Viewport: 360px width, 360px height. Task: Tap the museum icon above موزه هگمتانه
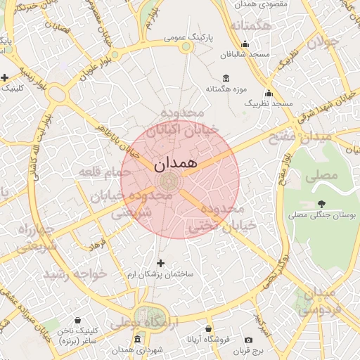225,77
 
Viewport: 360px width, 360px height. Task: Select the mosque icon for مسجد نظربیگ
268,93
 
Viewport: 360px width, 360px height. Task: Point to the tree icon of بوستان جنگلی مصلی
322,203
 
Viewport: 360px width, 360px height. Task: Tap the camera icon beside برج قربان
248,340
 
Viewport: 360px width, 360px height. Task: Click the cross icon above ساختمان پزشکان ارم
160,262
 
